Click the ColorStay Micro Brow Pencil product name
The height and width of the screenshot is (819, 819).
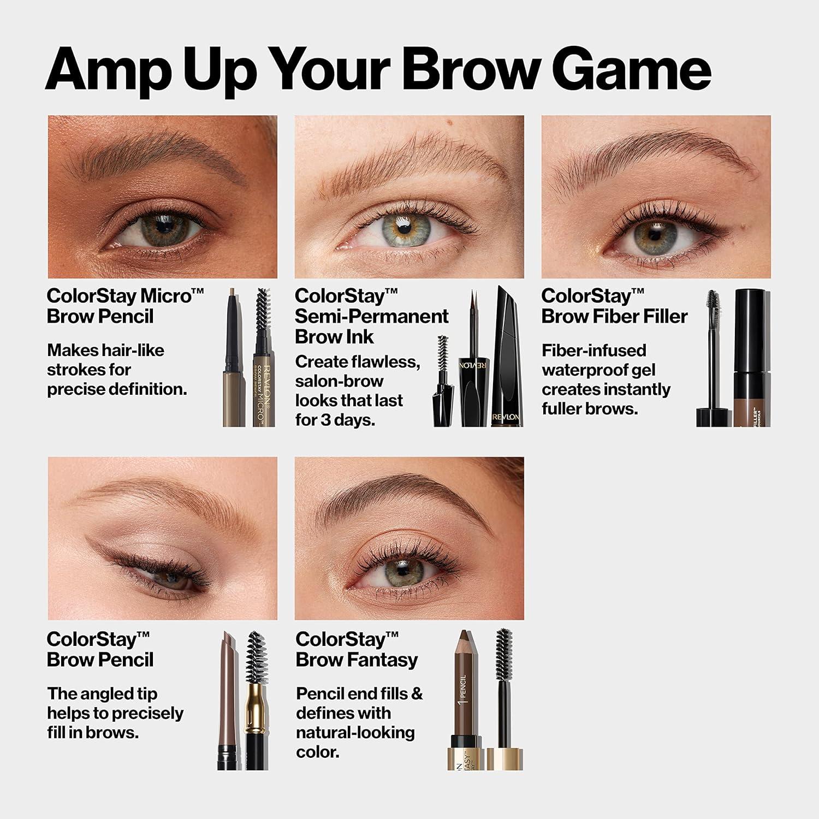point(125,306)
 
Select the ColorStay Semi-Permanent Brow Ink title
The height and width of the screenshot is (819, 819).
point(371,316)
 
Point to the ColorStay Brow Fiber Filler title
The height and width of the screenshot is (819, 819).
point(614,306)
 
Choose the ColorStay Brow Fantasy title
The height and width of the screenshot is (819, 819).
point(356,649)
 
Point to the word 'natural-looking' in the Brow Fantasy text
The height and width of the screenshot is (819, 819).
point(355,733)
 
